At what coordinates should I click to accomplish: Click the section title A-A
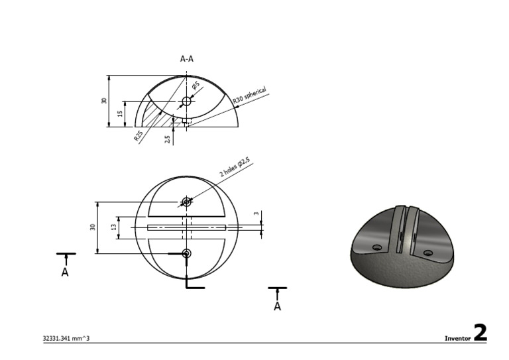[x=187, y=58]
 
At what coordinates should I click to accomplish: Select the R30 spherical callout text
[x=249, y=95]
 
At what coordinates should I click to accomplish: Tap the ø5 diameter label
[x=196, y=86]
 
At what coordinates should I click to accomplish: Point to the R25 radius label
[x=138, y=136]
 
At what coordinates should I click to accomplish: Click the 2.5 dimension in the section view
[x=168, y=137]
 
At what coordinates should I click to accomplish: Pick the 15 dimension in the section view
[x=120, y=113]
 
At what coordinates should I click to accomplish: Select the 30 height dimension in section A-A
[x=103, y=101]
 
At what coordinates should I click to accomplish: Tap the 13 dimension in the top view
[x=113, y=227]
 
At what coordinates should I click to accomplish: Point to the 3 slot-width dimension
[x=256, y=213]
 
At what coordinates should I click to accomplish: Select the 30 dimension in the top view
[x=93, y=227]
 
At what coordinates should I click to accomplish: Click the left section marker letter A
[x=65, y=272]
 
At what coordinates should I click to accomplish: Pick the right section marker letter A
[x=277, y=306]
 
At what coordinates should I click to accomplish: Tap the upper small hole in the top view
[x=186, y=202]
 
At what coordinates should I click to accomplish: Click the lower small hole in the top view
[x=186, y=253]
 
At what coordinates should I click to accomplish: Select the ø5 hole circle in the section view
[x=186, y=101]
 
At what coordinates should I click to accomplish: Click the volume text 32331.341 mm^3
[x=66, y=338]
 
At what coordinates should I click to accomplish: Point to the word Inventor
[x=457, y=338]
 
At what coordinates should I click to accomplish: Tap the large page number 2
[x=480, y=333]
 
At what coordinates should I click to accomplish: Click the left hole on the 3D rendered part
[x=377, y=247]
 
